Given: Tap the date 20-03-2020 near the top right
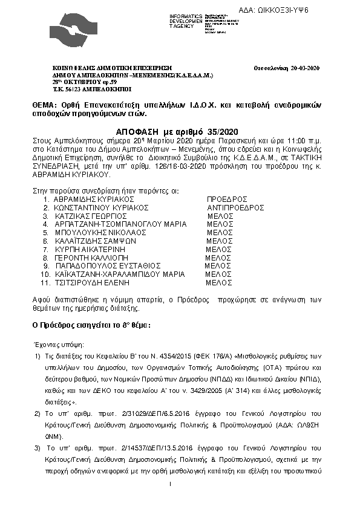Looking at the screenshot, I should [304, 68].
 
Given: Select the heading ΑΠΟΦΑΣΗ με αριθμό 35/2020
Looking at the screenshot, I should [178, 131].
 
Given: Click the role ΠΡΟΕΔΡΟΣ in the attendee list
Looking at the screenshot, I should [227, 199].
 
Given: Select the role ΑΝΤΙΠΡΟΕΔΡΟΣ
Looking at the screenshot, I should [235, 207].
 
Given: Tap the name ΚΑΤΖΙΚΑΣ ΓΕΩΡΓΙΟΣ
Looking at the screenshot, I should [92, 215].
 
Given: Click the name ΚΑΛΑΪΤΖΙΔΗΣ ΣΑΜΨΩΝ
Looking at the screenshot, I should [99, 240].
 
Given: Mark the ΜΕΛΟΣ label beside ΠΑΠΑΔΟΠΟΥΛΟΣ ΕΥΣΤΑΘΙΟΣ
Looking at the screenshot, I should [218, 265].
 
